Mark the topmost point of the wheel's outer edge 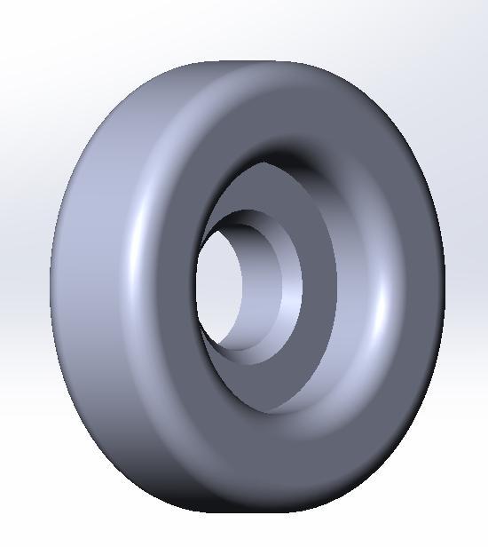[248, 61]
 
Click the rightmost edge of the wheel [444, 284]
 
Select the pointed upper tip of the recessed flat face [264, 163]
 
